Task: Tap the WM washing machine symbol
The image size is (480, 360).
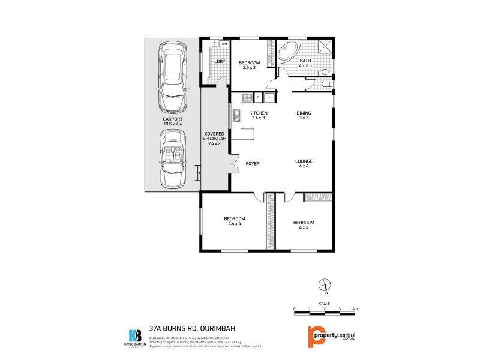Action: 224,44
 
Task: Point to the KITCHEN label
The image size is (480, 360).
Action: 258,113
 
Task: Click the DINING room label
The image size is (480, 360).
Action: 304,113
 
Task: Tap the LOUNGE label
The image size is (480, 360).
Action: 304,161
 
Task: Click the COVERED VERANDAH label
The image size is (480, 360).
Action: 214,139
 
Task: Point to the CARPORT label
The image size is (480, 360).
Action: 172,119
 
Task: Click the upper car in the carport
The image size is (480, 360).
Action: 173,77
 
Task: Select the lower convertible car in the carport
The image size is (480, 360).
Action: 173,160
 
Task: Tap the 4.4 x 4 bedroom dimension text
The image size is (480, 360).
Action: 235,224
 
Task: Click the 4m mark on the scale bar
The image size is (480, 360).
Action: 355,308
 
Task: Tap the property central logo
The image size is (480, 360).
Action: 332,337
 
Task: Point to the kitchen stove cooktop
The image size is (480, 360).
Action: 247,97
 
